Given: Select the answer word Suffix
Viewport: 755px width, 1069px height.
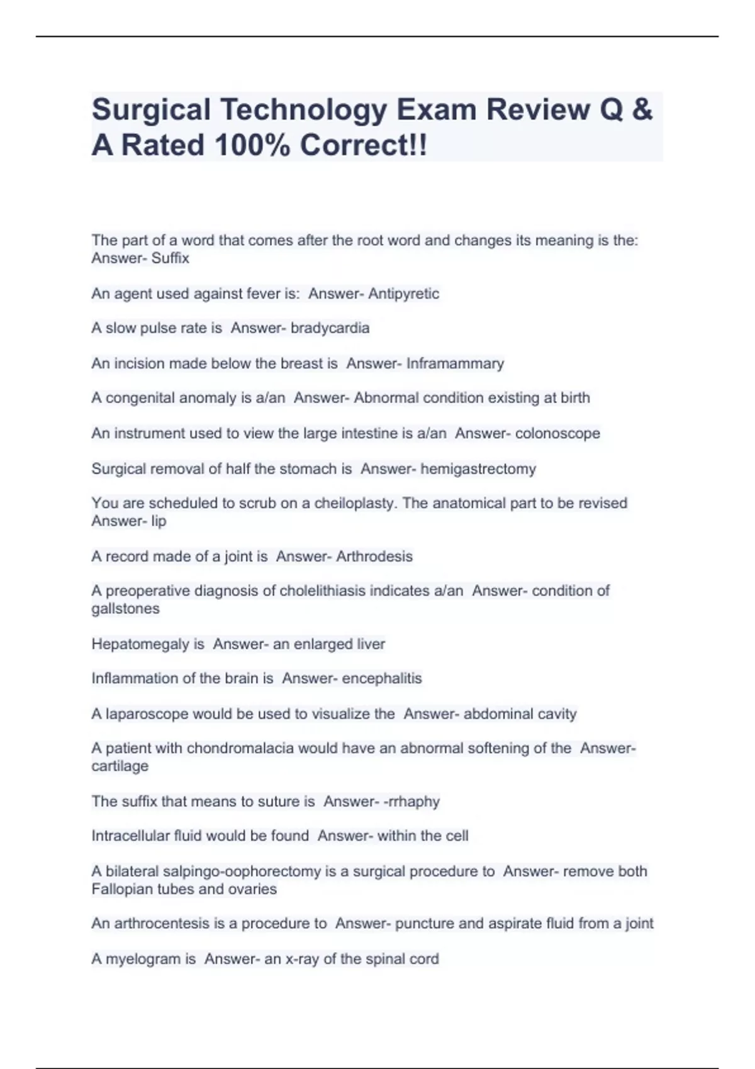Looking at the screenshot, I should pyautogui.click(x=170, y=258).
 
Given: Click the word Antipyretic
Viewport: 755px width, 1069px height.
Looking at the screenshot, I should pyautogui.click(x=403, y=294).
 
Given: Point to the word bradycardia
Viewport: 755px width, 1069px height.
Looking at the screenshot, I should pyautogui.click(x=330, y=328).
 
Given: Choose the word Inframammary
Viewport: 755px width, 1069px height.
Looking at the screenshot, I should pyautogui.click(x=455, y=363).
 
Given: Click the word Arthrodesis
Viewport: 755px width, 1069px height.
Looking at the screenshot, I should pyautogui.click(x=374, y=557).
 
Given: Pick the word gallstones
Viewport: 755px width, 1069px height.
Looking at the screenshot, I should pyautogui.click(x=125, y=609).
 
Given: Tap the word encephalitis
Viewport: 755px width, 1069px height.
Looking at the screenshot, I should pyautogui.click(x=382, y=679).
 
